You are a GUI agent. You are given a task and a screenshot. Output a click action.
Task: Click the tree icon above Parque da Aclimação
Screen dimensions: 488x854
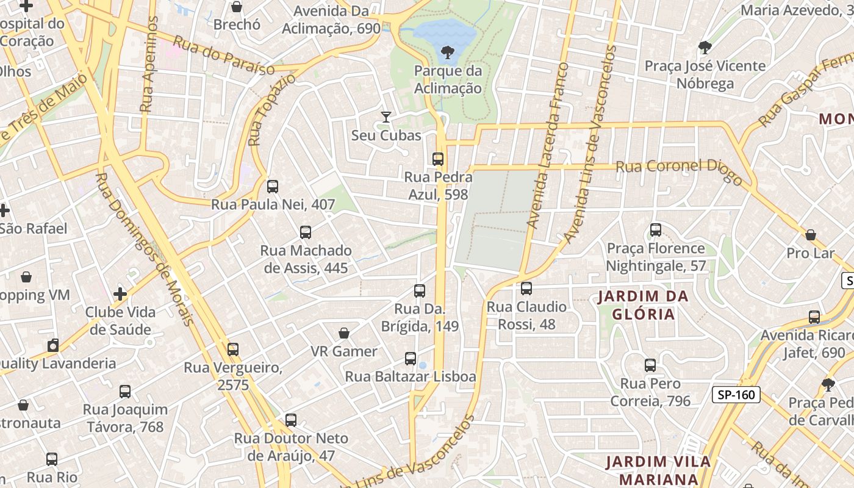coord(448,52)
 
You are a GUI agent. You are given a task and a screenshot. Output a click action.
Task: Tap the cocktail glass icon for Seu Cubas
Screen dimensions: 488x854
coord(386,117)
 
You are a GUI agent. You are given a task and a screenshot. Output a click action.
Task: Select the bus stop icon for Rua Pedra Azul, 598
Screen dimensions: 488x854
coord(437,159)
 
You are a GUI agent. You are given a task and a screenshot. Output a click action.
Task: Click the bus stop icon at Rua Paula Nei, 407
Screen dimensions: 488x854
coord(273,187)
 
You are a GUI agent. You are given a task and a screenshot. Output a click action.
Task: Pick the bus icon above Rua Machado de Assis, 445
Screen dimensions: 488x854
coord(306,232)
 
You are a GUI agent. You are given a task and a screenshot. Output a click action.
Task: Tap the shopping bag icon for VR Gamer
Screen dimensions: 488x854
coord(344,333)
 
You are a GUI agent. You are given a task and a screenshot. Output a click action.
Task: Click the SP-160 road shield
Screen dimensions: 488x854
coord(736,395)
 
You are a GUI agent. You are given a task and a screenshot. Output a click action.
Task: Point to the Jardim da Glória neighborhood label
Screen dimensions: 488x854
coord(644,305)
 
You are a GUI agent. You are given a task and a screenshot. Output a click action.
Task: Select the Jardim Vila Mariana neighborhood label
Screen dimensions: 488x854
coord(658,470)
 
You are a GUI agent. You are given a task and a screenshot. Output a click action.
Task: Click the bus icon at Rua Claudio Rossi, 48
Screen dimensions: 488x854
coord(526,289)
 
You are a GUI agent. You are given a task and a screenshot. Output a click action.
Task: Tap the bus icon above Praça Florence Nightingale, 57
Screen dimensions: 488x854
coord(656,230)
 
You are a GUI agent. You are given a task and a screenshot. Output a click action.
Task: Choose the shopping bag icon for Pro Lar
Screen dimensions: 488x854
coord(811,235)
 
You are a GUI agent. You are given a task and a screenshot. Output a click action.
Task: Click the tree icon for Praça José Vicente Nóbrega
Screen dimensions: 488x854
coord(705,47)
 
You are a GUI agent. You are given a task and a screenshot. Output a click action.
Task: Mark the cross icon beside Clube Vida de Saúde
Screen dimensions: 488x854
coord(120,294)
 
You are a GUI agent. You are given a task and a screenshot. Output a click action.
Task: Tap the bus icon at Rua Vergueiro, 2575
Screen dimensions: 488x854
coord(233,350)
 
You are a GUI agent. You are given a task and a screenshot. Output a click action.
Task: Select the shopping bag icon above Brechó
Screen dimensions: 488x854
coord(237,7)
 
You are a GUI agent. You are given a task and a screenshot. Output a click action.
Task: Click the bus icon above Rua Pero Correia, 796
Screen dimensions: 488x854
coord(650,365)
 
